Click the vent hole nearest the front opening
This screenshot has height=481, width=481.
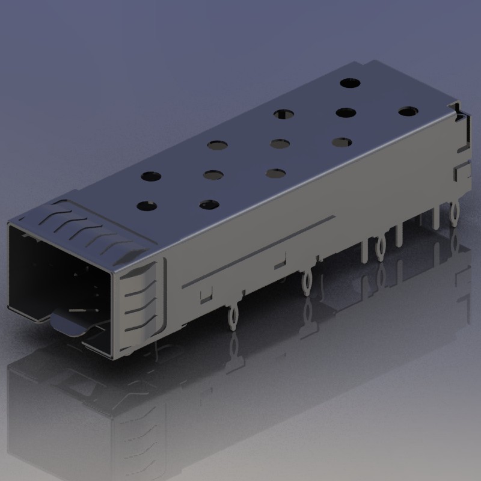pyautogui.click(x=147, y=206)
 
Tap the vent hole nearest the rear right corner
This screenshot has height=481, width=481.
pyautogui.click(x=408, y=111)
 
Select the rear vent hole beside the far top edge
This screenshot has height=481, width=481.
pyautogui.click(x=349, y=84)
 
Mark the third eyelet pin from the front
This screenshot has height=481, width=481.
pyautogui.click(x=381, y=245)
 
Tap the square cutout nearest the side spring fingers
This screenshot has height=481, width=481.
pyautogui.click(x=206, y=294)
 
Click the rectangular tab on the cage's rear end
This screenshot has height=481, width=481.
pyautogui.click(x=461, y=173)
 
